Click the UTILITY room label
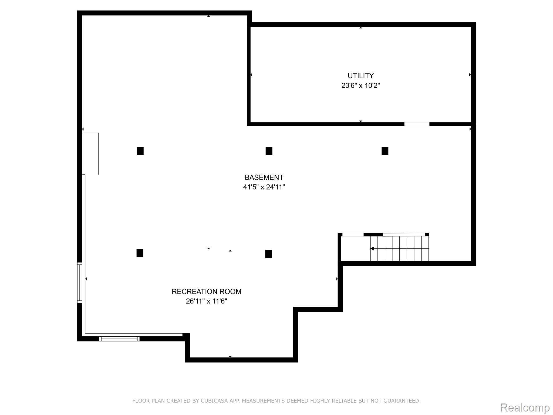coord(360,76)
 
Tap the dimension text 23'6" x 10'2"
coord(360,86)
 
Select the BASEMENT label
coord(264,178)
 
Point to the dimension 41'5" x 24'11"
coord(264,187)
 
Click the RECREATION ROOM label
coord(206,292)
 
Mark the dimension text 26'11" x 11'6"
coord(206,301)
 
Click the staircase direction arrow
coord(372,248)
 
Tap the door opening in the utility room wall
coord(417,124)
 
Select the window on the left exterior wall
coord(79,282)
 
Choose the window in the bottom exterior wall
coord(119,339)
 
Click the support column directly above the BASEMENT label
coord(269,151)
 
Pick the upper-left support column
coord(140,151)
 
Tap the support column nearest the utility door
coord(385,151)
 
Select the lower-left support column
coord(140,253)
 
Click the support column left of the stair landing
coord(268,254)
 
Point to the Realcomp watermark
coord(525,408)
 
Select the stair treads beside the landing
coord(400,249)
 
